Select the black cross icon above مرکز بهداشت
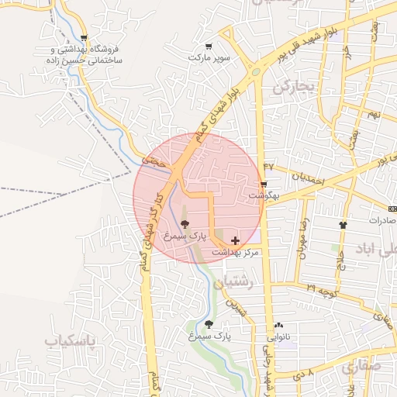tap(235, 241)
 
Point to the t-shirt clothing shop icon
tap(343, 225)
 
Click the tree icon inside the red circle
tap(184, 223)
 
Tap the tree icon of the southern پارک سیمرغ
tap(209, 324)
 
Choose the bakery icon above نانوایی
tap(278, 326)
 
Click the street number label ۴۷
tap(268, 166)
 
